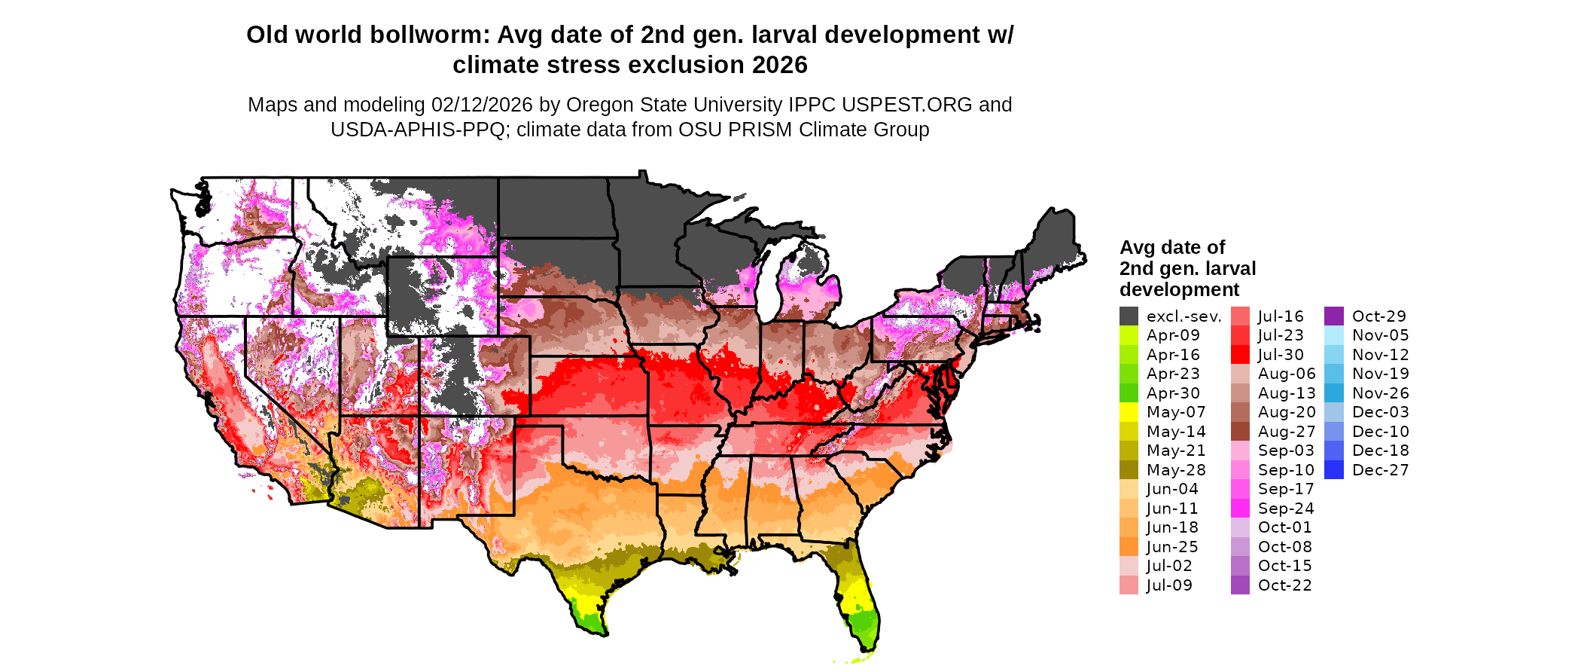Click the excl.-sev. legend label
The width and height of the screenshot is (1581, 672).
click(x=1183, y=316)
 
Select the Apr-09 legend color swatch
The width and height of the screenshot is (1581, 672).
click(x=1129, y=335)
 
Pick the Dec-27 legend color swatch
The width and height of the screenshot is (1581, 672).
click(x=1333, y=470)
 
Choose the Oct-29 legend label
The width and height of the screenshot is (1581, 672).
click(x=1378, y=316)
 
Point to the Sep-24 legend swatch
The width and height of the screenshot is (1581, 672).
click(x=1240, y=509)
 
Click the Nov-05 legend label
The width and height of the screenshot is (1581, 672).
click(x=1380, y=335)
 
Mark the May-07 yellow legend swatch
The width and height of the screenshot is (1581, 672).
click(x=1129, y=412)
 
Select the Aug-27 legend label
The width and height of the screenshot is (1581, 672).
click(x=1287, y=432)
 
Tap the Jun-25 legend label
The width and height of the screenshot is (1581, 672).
click(x=1172, y=547)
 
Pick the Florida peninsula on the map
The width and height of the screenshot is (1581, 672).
click(x=860, y=603)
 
